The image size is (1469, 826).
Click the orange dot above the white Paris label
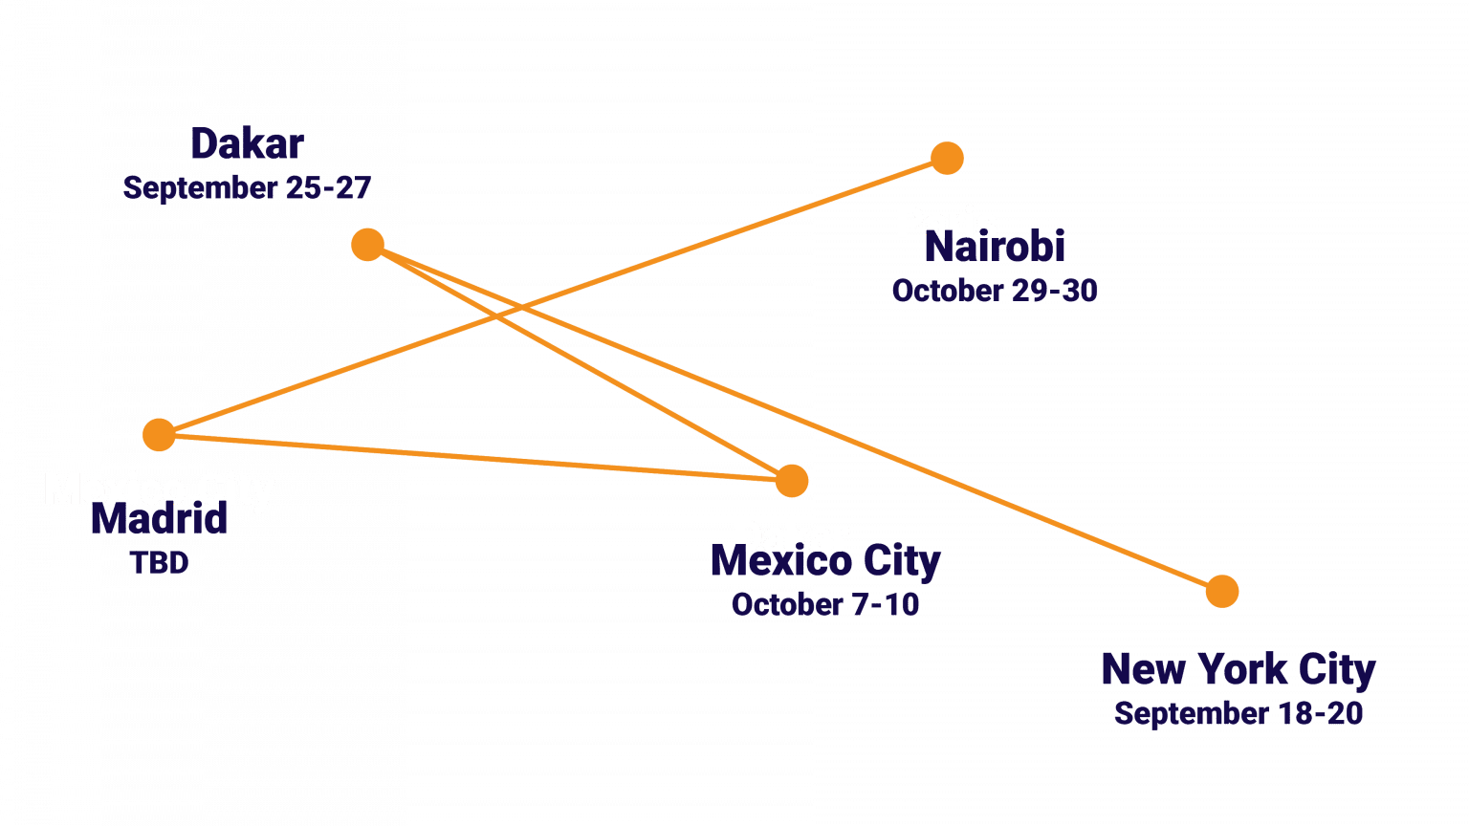(946, 159)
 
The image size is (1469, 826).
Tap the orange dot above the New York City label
(1221, 592)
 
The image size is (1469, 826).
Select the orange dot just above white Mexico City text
(159, 435)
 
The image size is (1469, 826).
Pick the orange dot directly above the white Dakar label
(791, 481)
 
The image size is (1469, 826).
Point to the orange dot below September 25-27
(367, 245)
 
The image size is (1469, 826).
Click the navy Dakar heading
(247, 144)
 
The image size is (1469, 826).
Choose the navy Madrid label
(159, 523)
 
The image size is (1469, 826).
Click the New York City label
(1238, 669)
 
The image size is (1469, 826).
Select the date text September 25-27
(247, 187)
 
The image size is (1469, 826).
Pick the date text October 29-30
(994, 291)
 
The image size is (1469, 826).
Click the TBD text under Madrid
(159, 562)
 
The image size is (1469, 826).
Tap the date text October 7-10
(824, 604)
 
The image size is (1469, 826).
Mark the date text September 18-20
(1238, 713)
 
